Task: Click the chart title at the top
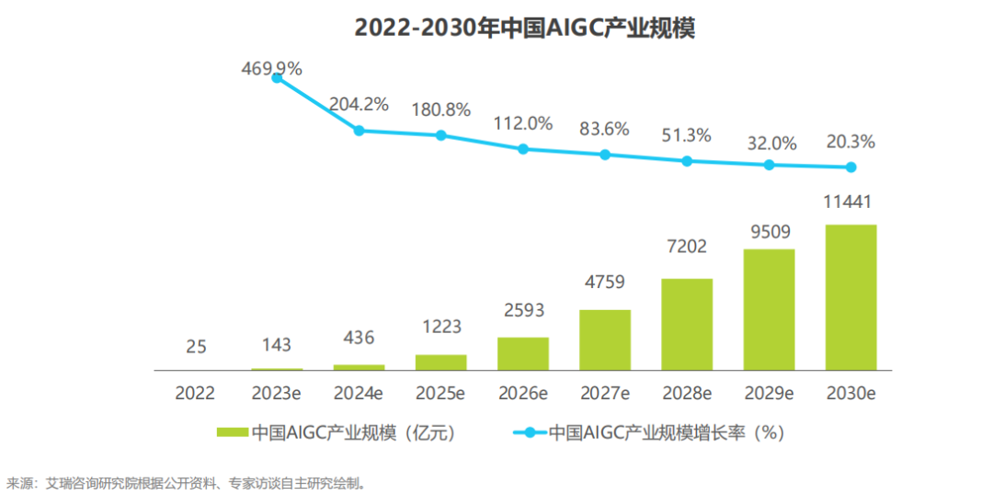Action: coord(524,29)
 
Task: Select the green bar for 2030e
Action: coord(850,297)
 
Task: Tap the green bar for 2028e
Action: coord(687,324)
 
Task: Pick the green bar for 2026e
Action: coord(523,353)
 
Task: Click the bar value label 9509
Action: coord(769,231)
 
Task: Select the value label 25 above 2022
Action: coord(195,347)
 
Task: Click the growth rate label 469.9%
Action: coord(272,68)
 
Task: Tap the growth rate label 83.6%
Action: coord(604,130)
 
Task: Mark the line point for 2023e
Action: coord(277,79)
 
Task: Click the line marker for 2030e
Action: coord(851,167)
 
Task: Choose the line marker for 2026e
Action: coord(523,148)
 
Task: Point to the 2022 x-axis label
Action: coord(195,394)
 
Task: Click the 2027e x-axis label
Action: coord(605,394)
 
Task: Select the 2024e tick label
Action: coord(359,394)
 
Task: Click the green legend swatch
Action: coord(233,432)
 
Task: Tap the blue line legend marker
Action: coord(528,432)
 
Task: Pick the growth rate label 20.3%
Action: coord(850,143)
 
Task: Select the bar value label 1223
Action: coord(441,327)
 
